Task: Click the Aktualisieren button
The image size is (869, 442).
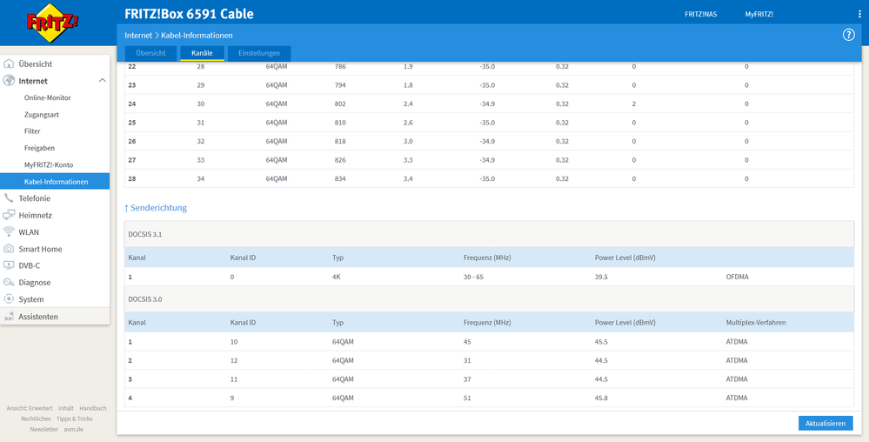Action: (x=825, y=423)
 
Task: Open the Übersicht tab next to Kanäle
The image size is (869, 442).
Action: (x=150, y=53)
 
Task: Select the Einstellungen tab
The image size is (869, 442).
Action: (x=259, y=53)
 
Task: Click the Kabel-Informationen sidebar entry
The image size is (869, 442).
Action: (x=56, y=182)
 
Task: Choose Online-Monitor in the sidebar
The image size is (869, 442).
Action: (x=48, y=97)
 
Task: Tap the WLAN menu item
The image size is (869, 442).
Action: (x=29, y=232)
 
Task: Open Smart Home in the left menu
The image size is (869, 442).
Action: (x=40, y=249)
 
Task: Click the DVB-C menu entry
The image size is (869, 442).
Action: (x=30, y=265)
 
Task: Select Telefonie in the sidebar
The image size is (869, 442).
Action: (x=35, y=198)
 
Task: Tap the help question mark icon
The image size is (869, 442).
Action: (x=849, y=35)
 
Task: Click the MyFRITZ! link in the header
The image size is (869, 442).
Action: (x=759, y=15)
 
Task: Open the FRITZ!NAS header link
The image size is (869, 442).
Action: (x=700, y=15)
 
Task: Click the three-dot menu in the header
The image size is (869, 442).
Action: (x=859, y=15)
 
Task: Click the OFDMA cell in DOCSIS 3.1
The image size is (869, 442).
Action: (x=738, y=277)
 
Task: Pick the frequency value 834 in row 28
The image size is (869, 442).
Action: (x=340, y=178)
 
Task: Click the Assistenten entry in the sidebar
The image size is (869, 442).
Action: (x=38, y=317)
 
